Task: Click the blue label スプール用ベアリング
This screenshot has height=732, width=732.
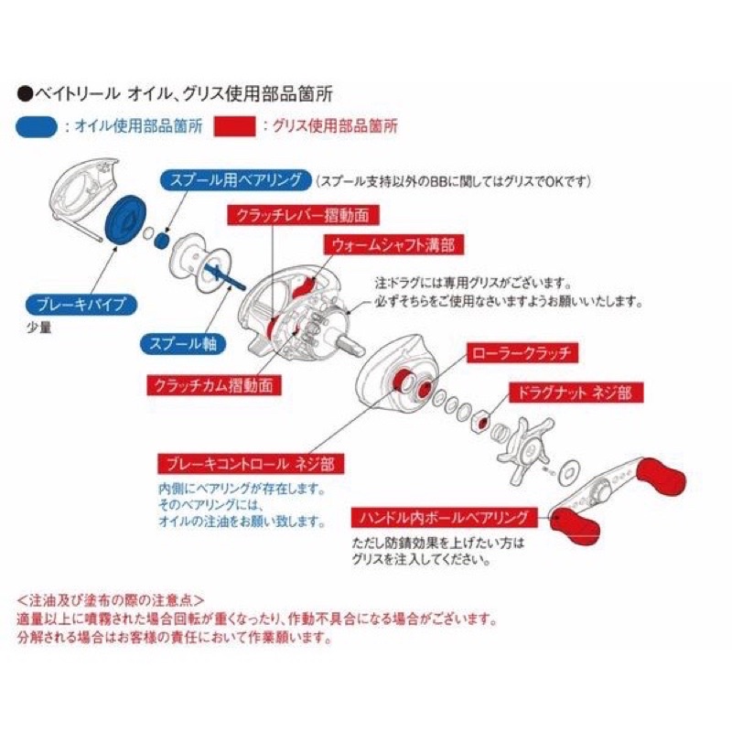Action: click(236, 180)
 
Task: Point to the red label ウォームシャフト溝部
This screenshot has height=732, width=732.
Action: click(388, 244)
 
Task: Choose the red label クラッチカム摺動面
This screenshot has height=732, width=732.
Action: click(213, 385)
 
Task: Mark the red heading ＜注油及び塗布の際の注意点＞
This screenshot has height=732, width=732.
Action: click(110, 599)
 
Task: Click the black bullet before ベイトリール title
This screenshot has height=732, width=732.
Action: click(24, 92)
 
